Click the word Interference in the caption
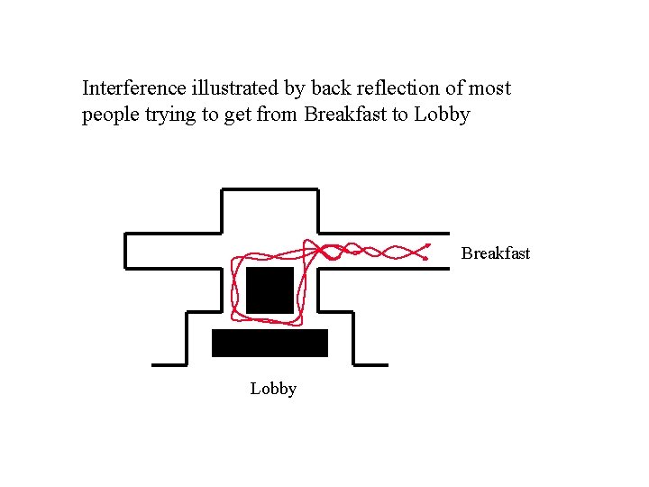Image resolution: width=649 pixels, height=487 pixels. pos(134,88)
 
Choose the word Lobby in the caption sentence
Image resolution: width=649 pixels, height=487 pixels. pos(442,115)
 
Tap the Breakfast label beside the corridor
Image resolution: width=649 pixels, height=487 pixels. pos(496,253)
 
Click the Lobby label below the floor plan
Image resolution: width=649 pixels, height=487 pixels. pos(273,389)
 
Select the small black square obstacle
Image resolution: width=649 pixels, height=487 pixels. pos(270,289)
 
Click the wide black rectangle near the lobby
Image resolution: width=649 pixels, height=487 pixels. pos(270,343)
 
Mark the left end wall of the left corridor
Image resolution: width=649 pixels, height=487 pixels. pos(124,250)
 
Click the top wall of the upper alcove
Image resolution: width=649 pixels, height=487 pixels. pos(270,189)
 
